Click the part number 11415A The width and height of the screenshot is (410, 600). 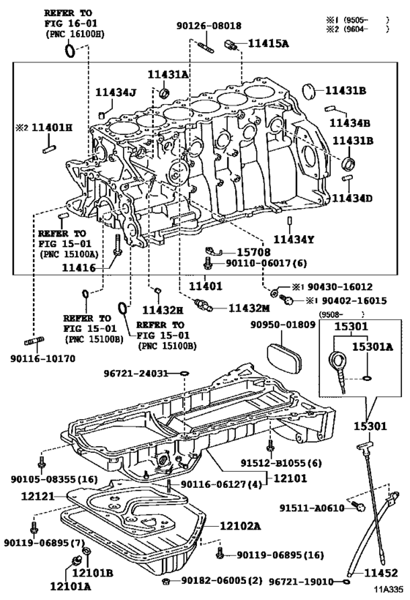pos(268,44)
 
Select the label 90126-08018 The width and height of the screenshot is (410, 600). pos(209,26)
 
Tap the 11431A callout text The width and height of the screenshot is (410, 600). pos(168,75)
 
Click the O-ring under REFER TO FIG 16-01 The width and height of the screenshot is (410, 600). pos(70,49)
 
